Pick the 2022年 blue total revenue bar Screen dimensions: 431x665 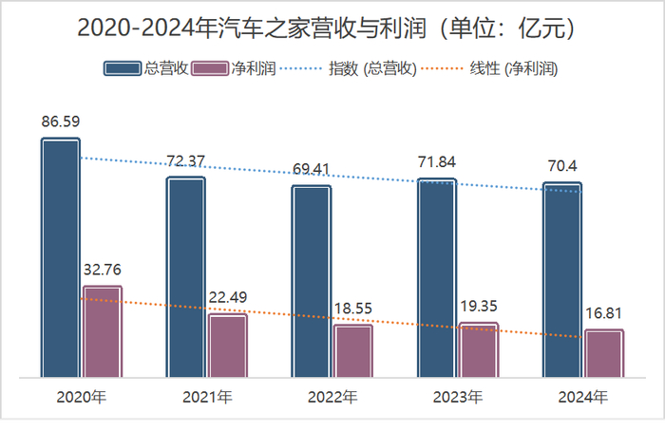[x=312, y=281]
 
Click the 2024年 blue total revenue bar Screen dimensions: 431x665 [x=562, y=280]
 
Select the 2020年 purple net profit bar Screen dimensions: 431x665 [x=103, y=331]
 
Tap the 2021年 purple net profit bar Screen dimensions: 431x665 [x=228, y=346]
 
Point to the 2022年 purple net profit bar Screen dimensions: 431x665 [x=353, y=350]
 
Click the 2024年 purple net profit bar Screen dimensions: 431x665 [x=604, y=353]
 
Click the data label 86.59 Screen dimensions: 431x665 [x=61, y=122]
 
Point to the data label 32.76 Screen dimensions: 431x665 [x=103, y=270]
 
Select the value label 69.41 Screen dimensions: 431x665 [x=312, y=170]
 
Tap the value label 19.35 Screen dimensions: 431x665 [x=479, y=306]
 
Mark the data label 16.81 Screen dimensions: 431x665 [x=604, y=313]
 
